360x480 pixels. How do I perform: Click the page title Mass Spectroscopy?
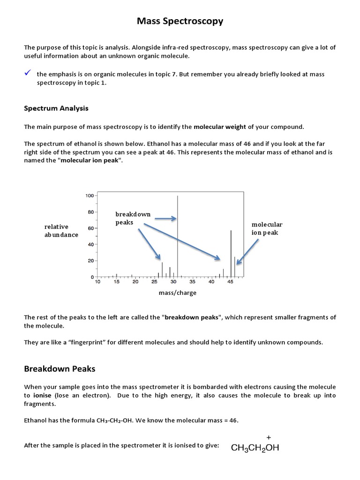coord(180,21)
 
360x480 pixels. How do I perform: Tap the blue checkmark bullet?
coord(28,73)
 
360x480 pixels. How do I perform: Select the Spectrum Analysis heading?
coord(56,108)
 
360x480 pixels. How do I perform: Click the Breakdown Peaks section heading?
coord(60,369)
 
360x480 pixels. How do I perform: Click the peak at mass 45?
coord(231,253)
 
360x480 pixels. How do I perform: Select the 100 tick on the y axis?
coord(89,195)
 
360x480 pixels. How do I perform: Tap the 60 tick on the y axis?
coord(90,228)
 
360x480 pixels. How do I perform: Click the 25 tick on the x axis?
coord(154,282)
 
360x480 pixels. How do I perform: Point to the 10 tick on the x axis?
coord(97,282)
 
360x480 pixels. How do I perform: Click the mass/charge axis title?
coord(178,293)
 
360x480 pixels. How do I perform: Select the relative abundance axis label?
coord(61,231)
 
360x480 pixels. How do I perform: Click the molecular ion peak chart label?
coord(267,228)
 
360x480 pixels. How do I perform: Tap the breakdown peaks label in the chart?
coord(133,218)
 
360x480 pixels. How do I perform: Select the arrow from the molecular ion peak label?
coord(247,252)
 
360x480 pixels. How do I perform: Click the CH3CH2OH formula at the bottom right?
coord(255,448)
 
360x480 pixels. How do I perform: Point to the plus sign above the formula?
coord(269,436)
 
